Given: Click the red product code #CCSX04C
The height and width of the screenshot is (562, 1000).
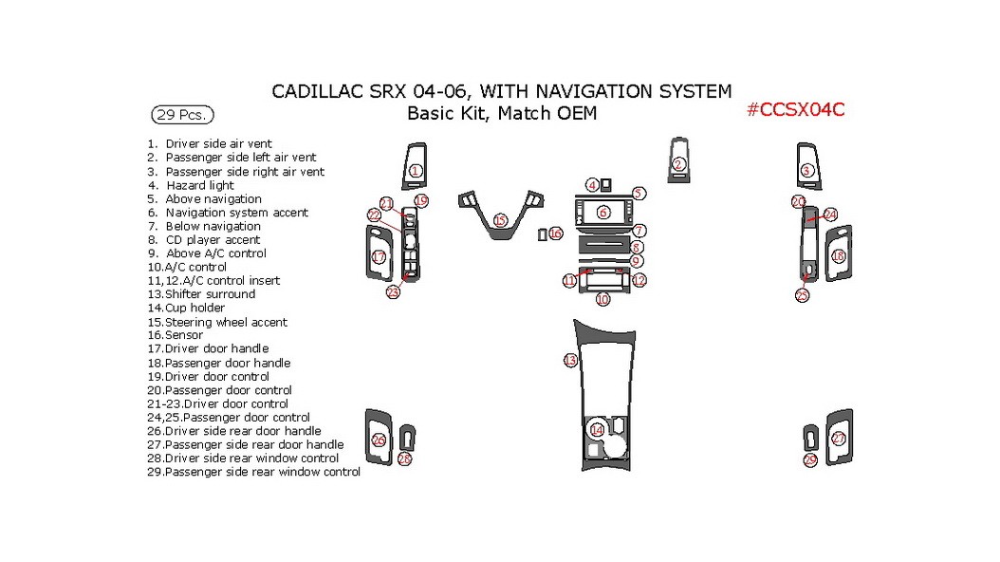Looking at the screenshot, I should point(795,109).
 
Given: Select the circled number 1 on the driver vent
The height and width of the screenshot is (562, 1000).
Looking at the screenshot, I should point(416,171).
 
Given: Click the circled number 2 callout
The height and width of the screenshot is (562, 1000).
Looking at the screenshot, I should point(678,164).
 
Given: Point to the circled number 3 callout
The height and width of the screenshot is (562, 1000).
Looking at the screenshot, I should point(806,171).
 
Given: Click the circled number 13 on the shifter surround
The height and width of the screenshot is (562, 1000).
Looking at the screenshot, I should point(569,361).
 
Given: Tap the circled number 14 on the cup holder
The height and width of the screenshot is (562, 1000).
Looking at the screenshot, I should point(597,430).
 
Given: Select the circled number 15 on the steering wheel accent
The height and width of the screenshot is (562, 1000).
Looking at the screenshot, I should point(500,220).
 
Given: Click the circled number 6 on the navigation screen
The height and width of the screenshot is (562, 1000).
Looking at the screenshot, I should point(602,212).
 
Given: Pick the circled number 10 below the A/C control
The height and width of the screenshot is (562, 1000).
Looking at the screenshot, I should point(602,299).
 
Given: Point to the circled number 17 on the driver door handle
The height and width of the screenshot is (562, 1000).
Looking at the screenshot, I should point(379,257).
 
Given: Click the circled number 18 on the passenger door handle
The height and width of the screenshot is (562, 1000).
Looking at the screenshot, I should point(838,256).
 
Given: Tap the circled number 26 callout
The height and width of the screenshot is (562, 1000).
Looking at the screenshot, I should point(379,440).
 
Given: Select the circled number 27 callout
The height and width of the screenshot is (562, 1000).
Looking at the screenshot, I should point(838,439).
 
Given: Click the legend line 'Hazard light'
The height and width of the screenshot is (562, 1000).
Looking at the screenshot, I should point(199,185).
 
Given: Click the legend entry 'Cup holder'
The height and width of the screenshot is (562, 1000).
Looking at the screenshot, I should point(194,308).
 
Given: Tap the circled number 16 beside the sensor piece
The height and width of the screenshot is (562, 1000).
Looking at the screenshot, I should point(555,234).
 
